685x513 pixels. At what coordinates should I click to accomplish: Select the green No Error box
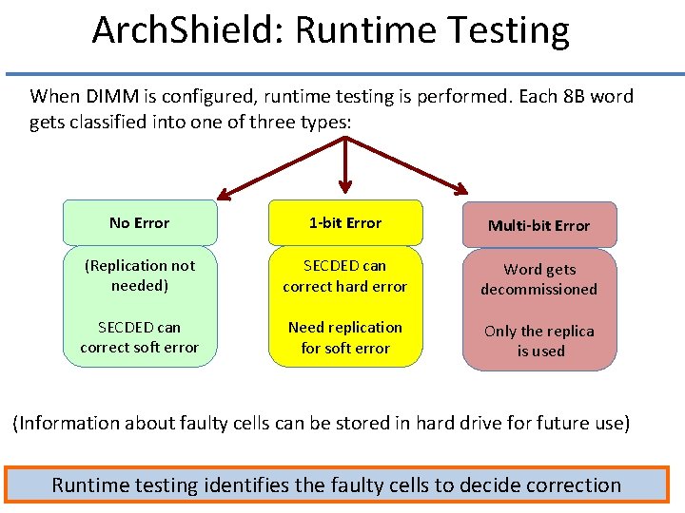coord(139,223)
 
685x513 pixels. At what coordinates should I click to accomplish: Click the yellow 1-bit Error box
coord(344,223)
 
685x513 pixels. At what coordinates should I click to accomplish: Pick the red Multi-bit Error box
coord(538,225)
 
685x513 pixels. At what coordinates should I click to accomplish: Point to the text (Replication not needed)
coord(139,275)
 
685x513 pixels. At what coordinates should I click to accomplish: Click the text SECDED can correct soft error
coord(139,337)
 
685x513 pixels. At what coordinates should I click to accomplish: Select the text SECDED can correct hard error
coord(344,275)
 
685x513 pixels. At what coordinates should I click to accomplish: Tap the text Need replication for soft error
coord(344,337)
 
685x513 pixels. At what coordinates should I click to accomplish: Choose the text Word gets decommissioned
coord(538,279)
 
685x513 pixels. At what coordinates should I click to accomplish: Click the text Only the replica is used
coord(538,341)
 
